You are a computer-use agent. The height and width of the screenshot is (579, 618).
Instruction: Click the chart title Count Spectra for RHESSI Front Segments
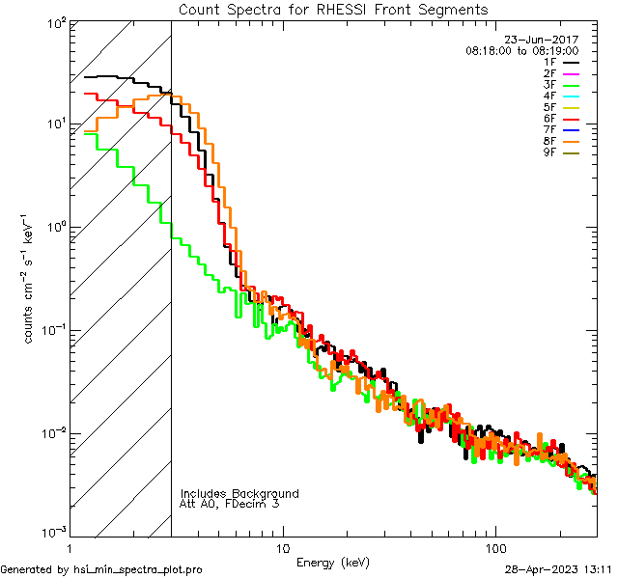pyautogui.click(x=333, y=9)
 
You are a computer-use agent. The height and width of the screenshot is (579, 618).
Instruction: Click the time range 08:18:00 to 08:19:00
pyautogui.click(x=521, y=50)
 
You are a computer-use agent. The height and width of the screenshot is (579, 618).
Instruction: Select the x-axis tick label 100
pyautogui.click(x=495, y=547)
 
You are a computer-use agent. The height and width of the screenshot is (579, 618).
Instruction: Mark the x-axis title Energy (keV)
pyautogui.click(x=333, y=562)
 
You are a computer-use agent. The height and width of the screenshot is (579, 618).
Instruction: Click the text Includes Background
pyautogui.click(x=239, y=494)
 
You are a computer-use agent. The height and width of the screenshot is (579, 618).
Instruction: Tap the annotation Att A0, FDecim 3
pyautogui.click(x=230, y=505)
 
